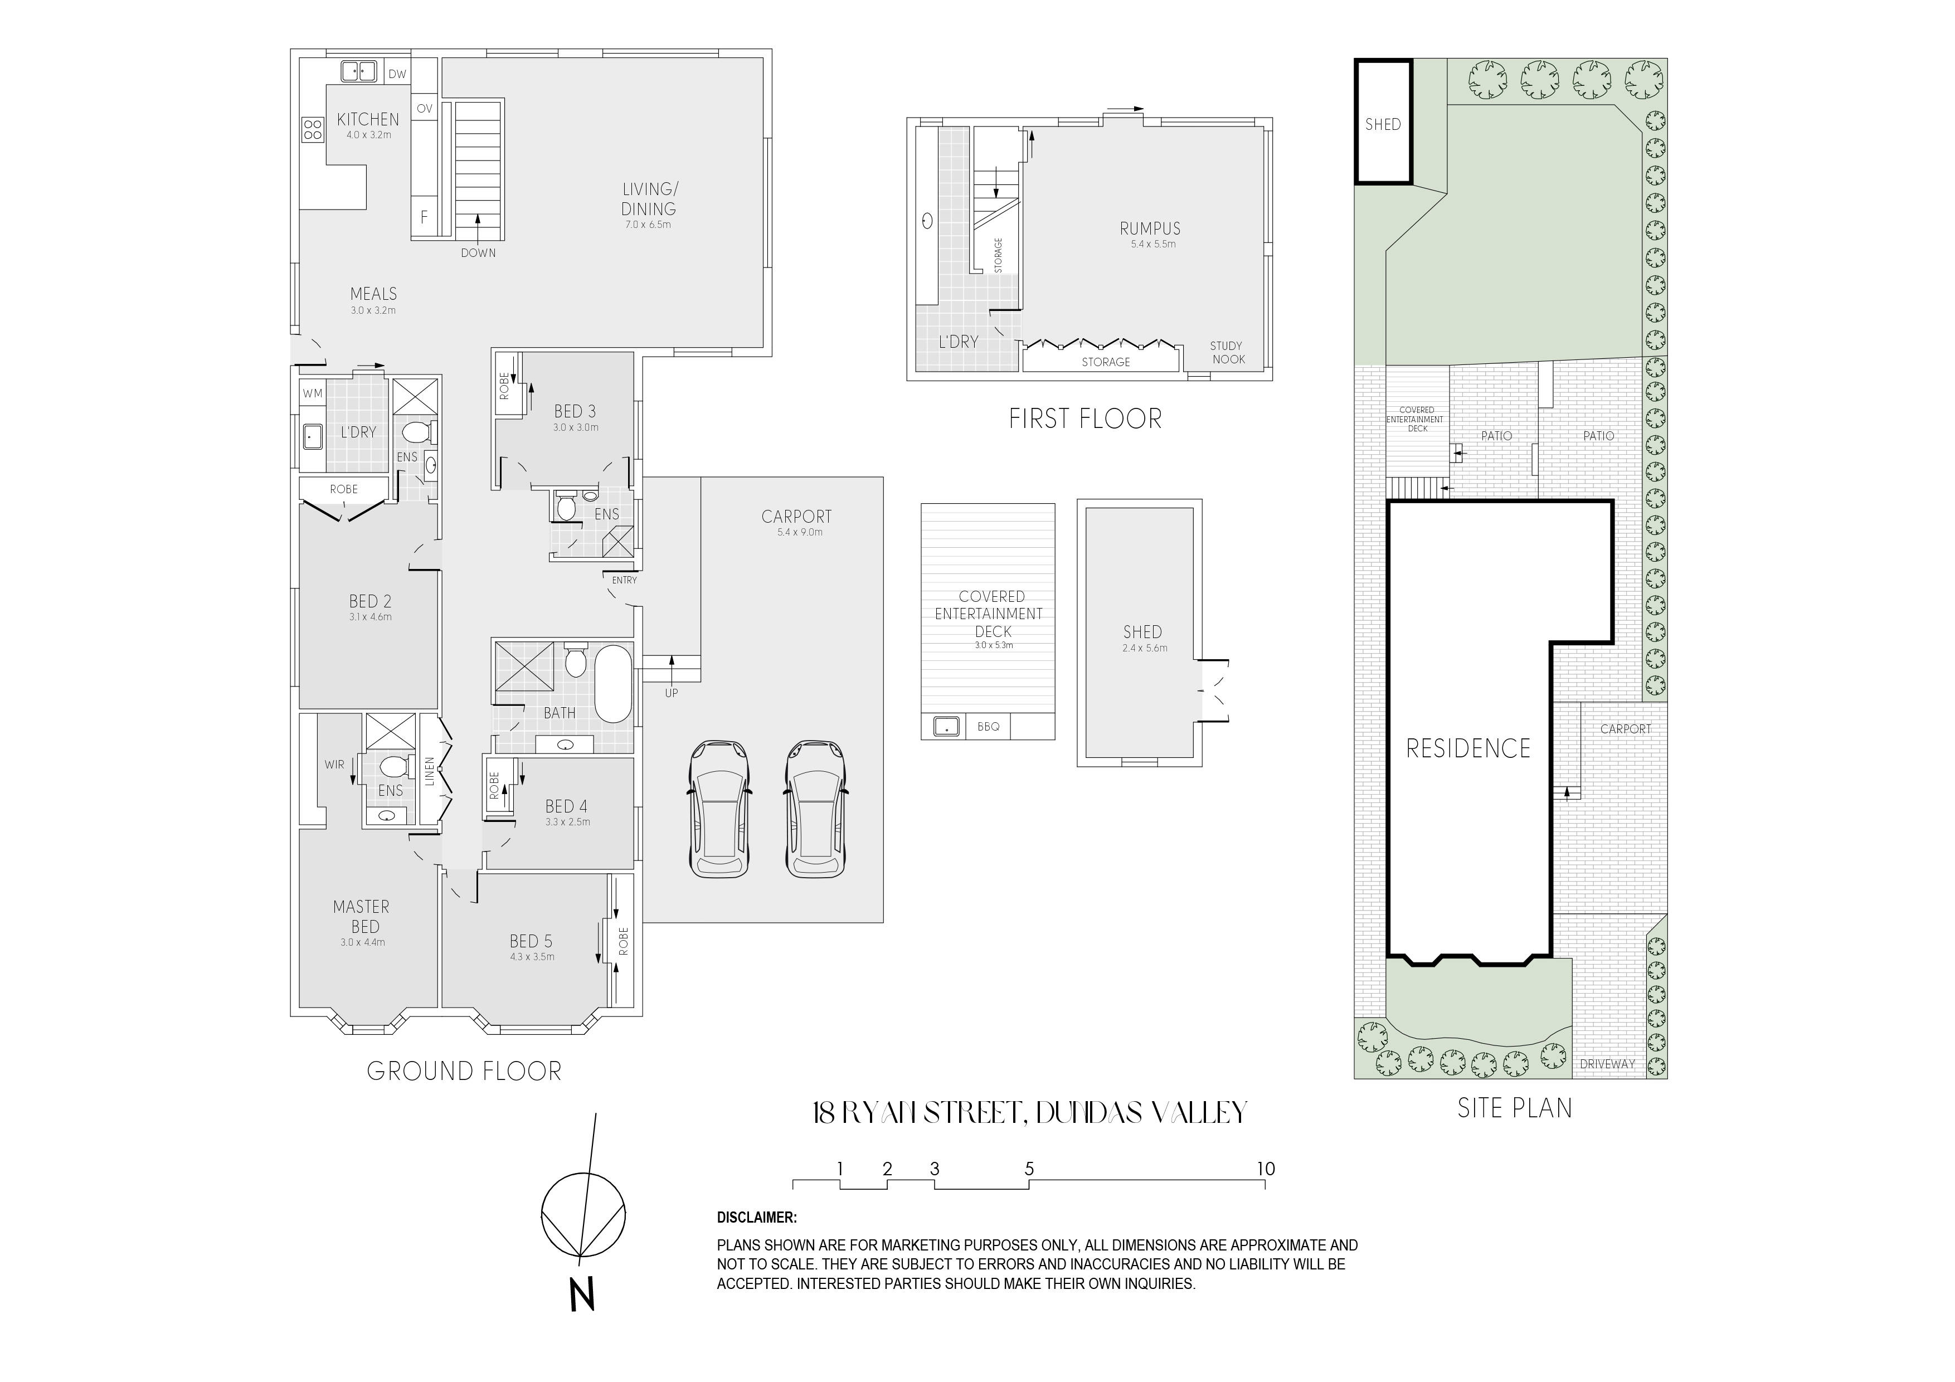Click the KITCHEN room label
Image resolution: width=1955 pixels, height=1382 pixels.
point(368,119)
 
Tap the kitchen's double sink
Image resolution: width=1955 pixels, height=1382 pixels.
point(358,71)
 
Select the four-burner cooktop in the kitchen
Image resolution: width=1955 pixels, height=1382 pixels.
point(313,129)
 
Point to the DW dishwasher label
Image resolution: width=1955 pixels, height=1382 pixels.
point(398,74)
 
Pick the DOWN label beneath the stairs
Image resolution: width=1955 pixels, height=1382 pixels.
point(479,253)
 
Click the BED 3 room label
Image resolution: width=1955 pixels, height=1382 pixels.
point(575,411)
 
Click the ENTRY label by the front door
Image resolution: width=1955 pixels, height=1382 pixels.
point(624,580)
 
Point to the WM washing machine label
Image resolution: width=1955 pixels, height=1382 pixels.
point(313,393)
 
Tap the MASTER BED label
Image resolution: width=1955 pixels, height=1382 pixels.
point(361,916)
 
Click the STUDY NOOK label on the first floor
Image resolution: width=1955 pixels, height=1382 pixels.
point(1227,353)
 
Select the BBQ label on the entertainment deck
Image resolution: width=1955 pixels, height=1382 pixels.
point(989,727)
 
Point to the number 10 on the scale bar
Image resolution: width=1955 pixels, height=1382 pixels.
point(1266,1169)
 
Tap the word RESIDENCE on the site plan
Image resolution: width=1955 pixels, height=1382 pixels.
point(1468,748)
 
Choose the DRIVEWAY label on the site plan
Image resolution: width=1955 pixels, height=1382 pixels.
point(1608,1064)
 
